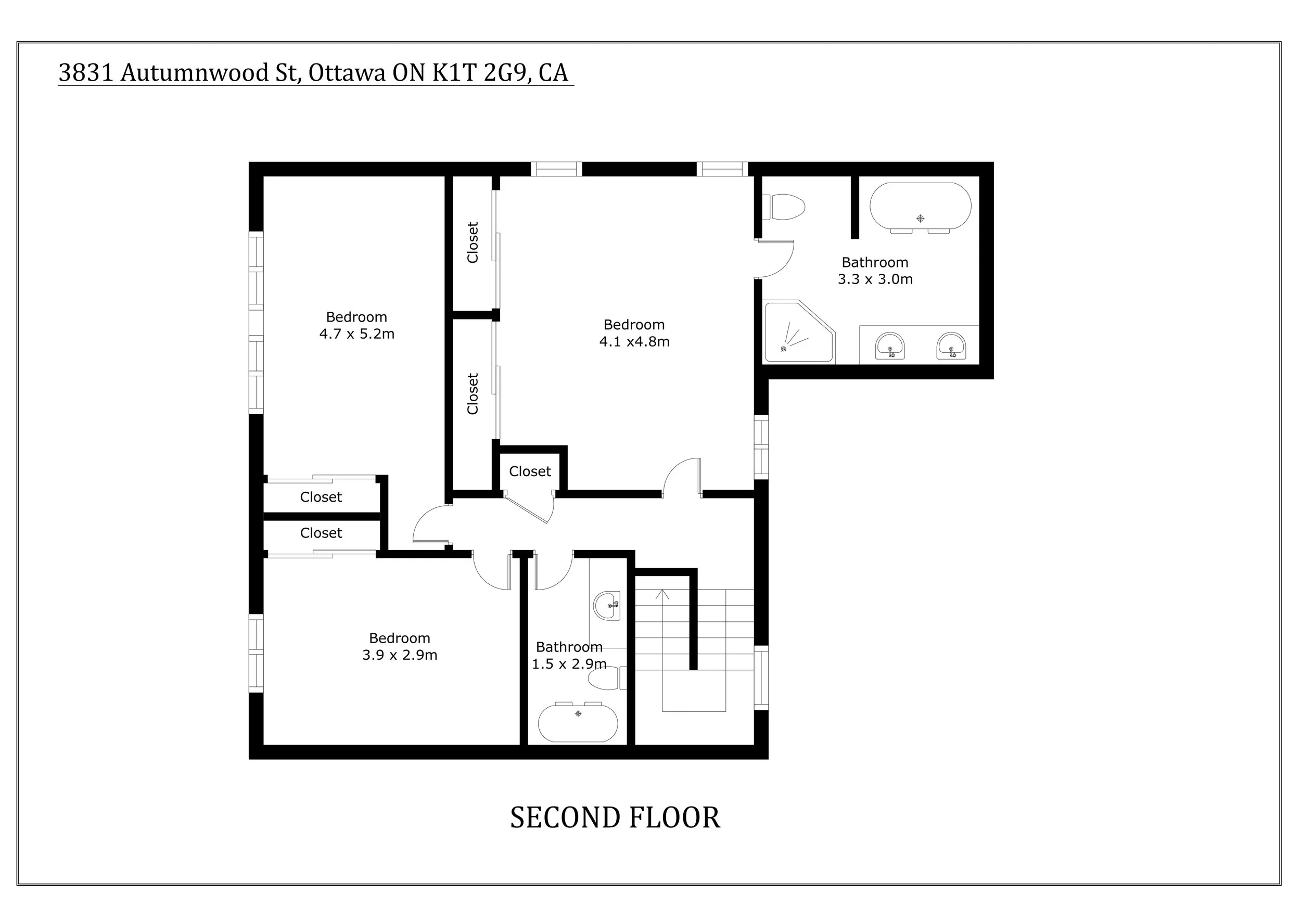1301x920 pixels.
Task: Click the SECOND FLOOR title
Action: click(615, 818)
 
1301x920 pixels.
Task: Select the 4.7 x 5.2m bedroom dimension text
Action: click(356, 334)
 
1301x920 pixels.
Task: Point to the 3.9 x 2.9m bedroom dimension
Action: click(400, 655)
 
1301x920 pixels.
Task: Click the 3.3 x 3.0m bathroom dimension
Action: click(875, 279)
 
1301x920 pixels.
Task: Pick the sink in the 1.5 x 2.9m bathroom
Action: click(607, 606)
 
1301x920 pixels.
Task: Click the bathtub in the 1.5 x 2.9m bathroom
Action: click(578, 723)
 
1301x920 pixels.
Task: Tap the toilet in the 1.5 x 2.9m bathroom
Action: click(607, 678)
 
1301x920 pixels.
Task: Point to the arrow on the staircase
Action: click(662, 595)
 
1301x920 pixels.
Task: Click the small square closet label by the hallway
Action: click(530, 471)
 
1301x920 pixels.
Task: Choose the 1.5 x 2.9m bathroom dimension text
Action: click(569, 664)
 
